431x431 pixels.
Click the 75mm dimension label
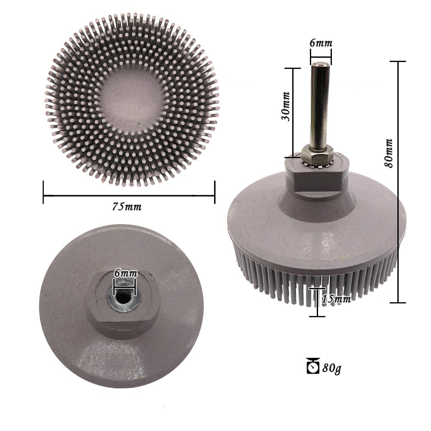127,206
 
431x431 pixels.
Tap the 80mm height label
388,153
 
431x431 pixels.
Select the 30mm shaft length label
286,106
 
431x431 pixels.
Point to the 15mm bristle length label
336,299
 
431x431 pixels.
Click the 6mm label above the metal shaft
321,43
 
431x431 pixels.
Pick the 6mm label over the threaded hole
125,273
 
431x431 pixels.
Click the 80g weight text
332,368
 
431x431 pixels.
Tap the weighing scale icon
313,365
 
